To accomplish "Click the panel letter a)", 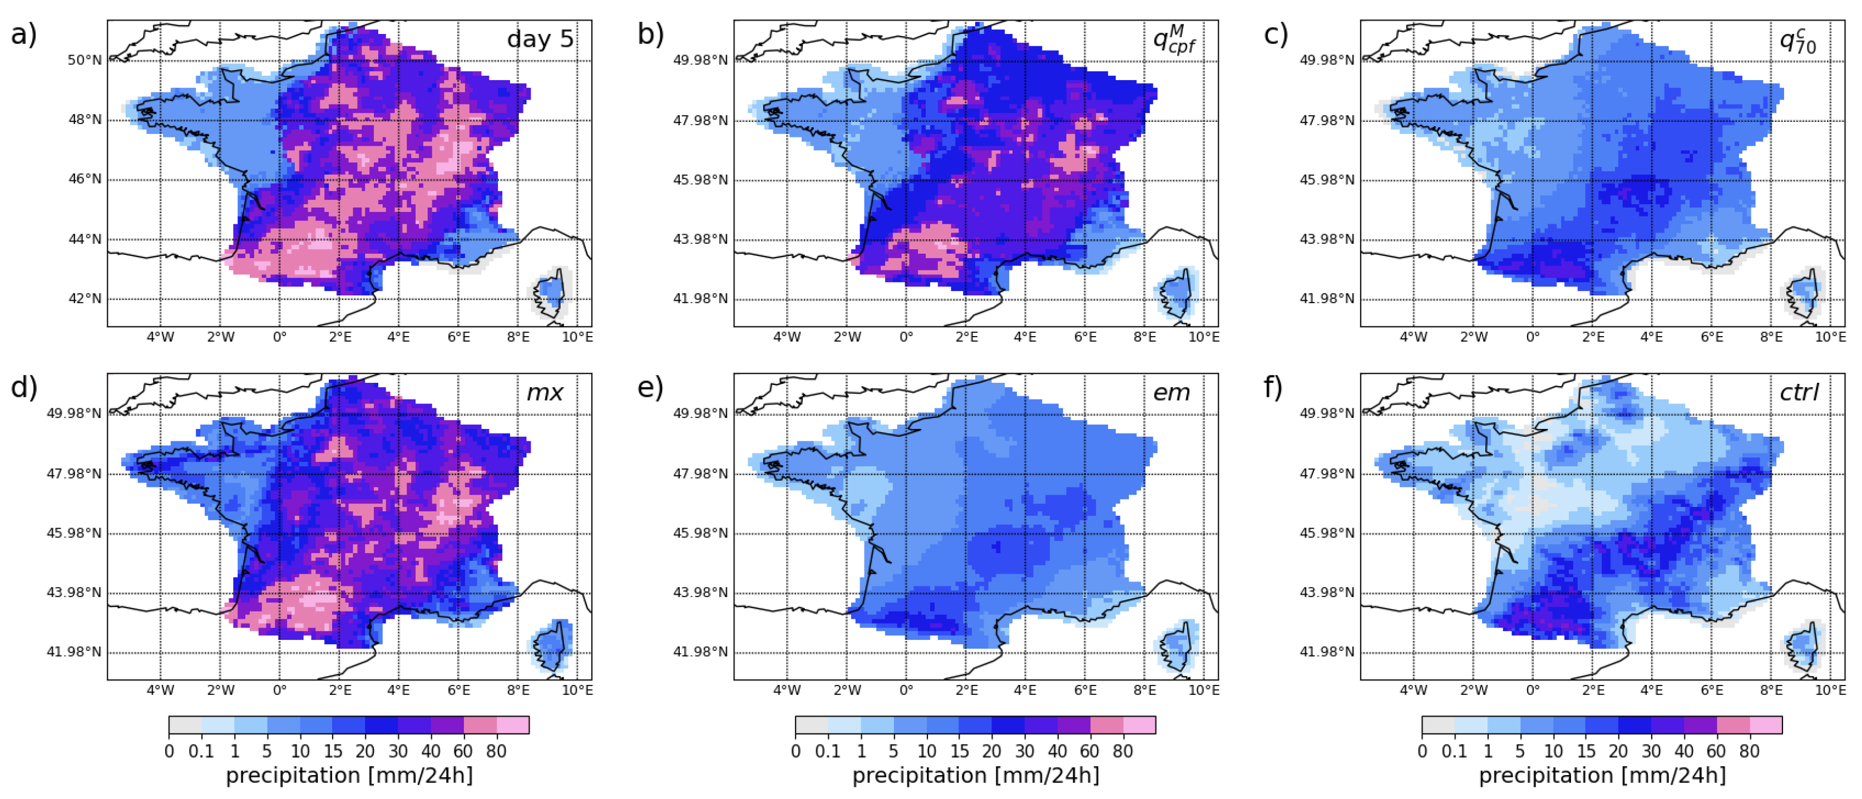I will point(23,34).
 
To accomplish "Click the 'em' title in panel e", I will point(1171,393).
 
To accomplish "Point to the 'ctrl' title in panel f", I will point(1799,393).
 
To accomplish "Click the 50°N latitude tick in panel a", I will point(85,60).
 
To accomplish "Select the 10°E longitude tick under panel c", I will point(1830,337).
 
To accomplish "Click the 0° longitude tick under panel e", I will point(906,691).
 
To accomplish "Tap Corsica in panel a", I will point(551,293).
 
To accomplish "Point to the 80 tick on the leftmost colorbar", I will point(496,751).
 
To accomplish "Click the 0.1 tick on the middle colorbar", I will point(828,751).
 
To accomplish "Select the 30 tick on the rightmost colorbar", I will point(1651,751).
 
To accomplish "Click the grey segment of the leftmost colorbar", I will point(185,724).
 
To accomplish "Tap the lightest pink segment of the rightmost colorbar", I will point(1765,724).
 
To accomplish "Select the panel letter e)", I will point(650,388).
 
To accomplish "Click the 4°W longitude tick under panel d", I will point(160,691).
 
